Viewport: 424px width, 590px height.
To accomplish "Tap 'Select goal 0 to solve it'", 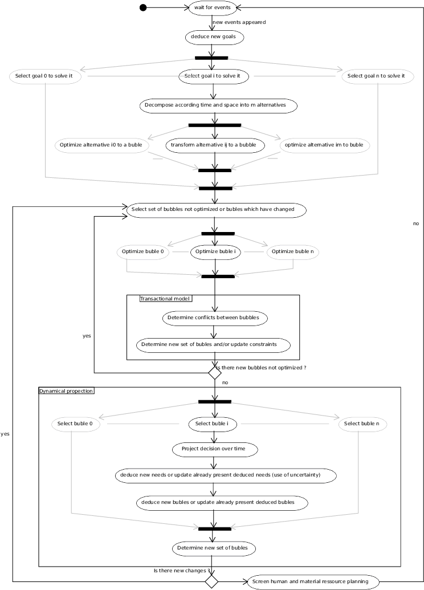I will tap(45, 76).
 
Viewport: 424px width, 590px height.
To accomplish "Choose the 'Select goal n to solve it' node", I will tap(377, 76).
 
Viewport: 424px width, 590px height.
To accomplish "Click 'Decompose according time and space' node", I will tap(219, 105).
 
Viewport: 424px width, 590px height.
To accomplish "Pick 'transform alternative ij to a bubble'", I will tap(214, 145).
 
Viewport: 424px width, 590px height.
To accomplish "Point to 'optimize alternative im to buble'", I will tap(324, 145).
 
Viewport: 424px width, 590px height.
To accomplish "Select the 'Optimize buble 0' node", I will tap(143, 252).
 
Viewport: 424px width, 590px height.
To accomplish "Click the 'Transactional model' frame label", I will tap(165, 298).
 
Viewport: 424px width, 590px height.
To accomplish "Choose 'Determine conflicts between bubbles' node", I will tap(215, 318).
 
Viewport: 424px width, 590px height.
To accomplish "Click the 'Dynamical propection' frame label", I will tap(66, 391).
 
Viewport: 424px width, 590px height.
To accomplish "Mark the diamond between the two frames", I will tap(215, 373).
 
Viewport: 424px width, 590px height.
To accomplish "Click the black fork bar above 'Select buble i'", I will tap(215, 401).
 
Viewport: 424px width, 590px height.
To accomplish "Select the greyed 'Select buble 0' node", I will tap(75, 424).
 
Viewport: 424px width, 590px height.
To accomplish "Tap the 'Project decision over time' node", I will tap(214, 449).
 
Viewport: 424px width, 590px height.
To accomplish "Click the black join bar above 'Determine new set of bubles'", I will tap(214, 528).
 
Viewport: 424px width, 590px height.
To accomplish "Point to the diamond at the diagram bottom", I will tap(211, 582).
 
